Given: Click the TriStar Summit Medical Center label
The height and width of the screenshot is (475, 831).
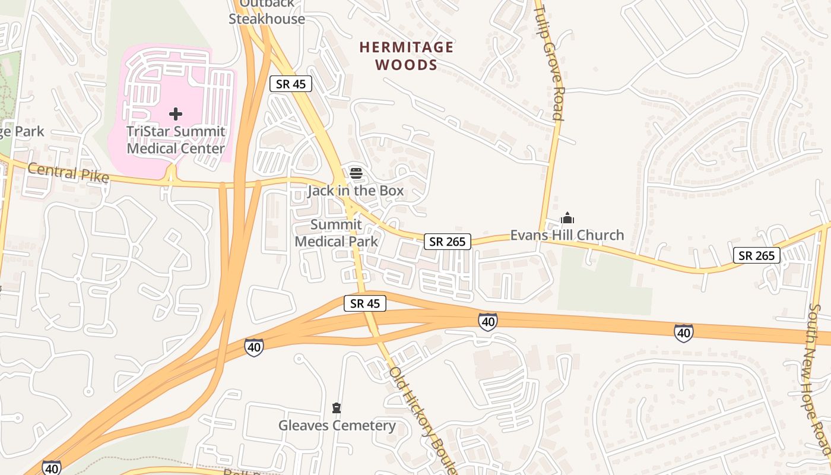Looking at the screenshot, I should (x=176, y=140).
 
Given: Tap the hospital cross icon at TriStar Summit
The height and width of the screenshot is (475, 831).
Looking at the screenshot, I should (x=176, y=113).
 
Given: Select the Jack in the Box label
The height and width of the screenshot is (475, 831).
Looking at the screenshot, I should (x=356, y=191).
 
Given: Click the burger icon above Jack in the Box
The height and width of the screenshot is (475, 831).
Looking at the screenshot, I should (x=356, y=173).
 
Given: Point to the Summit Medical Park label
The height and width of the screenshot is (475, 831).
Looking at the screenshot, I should (x=336, y=233).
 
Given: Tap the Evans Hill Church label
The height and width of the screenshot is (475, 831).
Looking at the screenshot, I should (x=567, y=235).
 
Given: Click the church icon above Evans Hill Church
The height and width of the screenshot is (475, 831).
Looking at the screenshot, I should (x=567, y=218).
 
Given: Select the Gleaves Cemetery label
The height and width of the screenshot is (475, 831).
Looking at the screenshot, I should (x=337, y=426).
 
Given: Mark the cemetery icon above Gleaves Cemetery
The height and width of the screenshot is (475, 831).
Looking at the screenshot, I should (x=337, y=408).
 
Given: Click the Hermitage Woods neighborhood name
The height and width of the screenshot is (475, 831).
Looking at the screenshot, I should (x=407, y=56).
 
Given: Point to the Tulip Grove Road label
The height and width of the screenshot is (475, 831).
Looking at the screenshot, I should (x=548, y=62).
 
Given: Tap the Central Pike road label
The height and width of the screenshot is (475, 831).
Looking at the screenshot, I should (x=68, y=173).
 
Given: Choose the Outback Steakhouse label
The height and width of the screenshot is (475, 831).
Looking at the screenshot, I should (x=267, y=12).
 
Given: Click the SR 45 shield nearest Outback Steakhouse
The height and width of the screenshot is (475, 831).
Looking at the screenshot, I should (x=291, y=84).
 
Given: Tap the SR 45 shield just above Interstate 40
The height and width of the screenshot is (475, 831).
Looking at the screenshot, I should (x=365, y=303).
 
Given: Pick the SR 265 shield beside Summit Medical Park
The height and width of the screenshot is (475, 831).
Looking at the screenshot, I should (x=448, y=241).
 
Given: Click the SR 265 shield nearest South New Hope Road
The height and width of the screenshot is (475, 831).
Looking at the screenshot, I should (x=756, y=255).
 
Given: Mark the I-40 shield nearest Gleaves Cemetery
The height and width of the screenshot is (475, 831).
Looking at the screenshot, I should (x=254, y=347).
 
